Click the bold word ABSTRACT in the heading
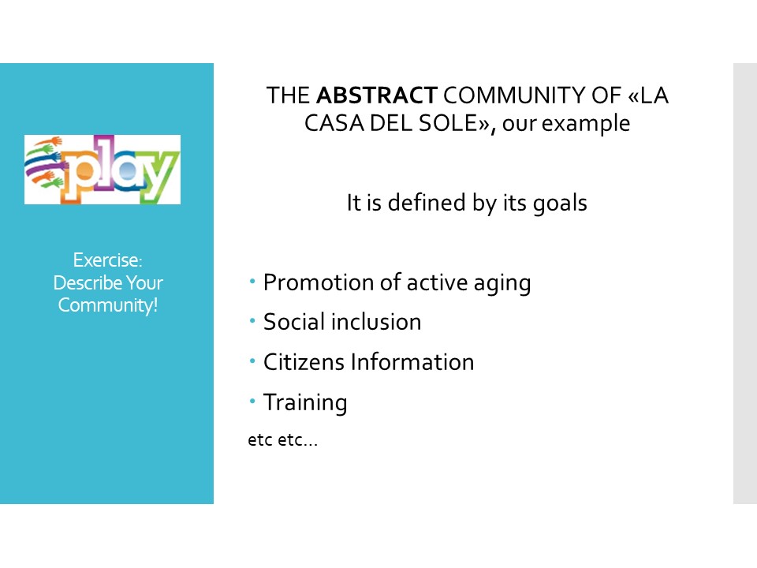tap(377, 95)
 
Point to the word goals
tap(560, 204)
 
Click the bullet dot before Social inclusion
tap(252, 320)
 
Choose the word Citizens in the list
tap(304, 362)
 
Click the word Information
tap(412, 362)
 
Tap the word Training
tap(305, 403)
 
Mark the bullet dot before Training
tap(252, 401)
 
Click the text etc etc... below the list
tap(283, 440)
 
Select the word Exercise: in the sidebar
tap(108, 260)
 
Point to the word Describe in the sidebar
tap(88, 282)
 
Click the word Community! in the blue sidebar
tap(108, 306)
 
